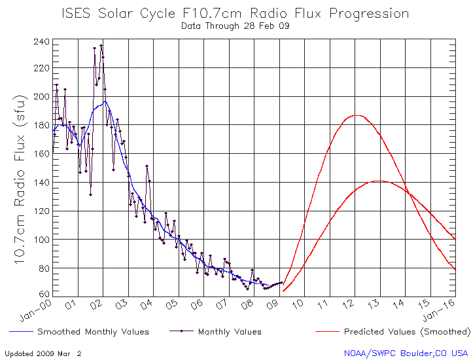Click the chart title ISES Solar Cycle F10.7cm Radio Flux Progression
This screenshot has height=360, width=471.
tap(235, 14)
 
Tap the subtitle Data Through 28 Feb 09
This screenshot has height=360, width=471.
tap(235, 26)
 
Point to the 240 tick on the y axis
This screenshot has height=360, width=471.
tap(41, 42)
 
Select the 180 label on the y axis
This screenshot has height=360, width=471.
tap(41, 125)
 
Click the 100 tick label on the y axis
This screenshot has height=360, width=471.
tap(41, 240)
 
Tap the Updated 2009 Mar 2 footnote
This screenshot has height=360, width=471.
tap(43, 353)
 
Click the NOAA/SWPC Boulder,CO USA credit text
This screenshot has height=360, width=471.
tap(406, 353)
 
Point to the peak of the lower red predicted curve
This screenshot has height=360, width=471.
tap(379, 181)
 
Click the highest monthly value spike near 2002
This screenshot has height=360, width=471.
tap(101, 46)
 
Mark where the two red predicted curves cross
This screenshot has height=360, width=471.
tap(408, 192)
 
